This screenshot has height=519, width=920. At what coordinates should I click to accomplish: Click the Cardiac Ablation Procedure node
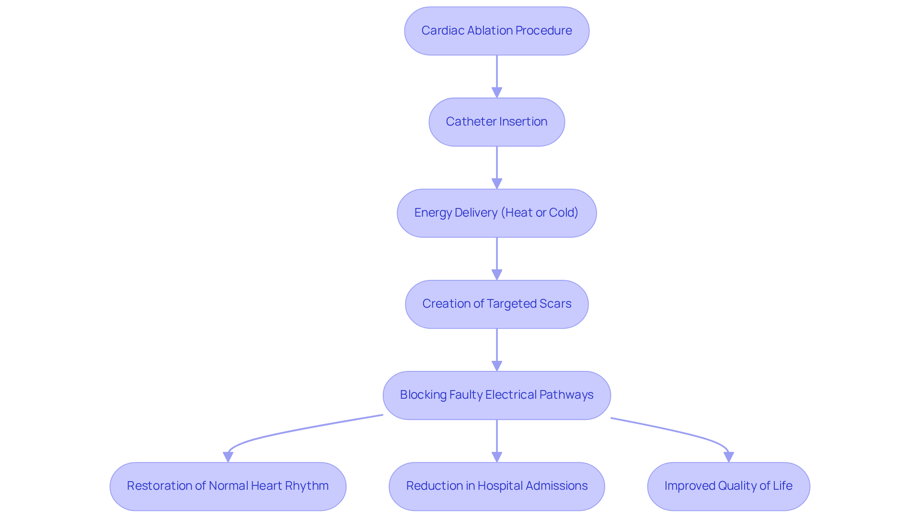(496, 31)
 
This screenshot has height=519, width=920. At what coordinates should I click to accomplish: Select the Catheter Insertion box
(496, 122)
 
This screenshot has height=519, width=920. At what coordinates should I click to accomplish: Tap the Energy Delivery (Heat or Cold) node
(496, 213)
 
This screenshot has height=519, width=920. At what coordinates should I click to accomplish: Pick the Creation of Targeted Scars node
(496, 304)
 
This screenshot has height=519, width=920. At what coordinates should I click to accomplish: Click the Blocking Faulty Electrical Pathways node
(496, 395)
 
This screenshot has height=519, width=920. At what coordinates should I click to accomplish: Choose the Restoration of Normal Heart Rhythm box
(228, 486)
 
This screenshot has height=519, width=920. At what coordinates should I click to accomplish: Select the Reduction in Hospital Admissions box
(496, 486)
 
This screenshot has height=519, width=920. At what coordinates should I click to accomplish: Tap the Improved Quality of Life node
(728, 486)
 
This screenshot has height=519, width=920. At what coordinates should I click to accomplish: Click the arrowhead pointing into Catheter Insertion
(497, 92)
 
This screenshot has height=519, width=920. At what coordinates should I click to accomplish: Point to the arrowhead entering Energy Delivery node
(497, 184)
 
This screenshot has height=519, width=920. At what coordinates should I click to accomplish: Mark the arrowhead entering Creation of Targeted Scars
(497, 275)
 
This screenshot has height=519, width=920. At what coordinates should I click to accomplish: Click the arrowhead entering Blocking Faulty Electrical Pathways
(497, 366)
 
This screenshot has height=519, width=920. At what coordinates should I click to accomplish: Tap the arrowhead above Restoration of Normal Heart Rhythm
(228, 457)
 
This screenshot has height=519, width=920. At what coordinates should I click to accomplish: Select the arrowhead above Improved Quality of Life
(729, 457)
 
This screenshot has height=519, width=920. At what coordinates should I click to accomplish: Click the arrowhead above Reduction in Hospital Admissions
(497, 457)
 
